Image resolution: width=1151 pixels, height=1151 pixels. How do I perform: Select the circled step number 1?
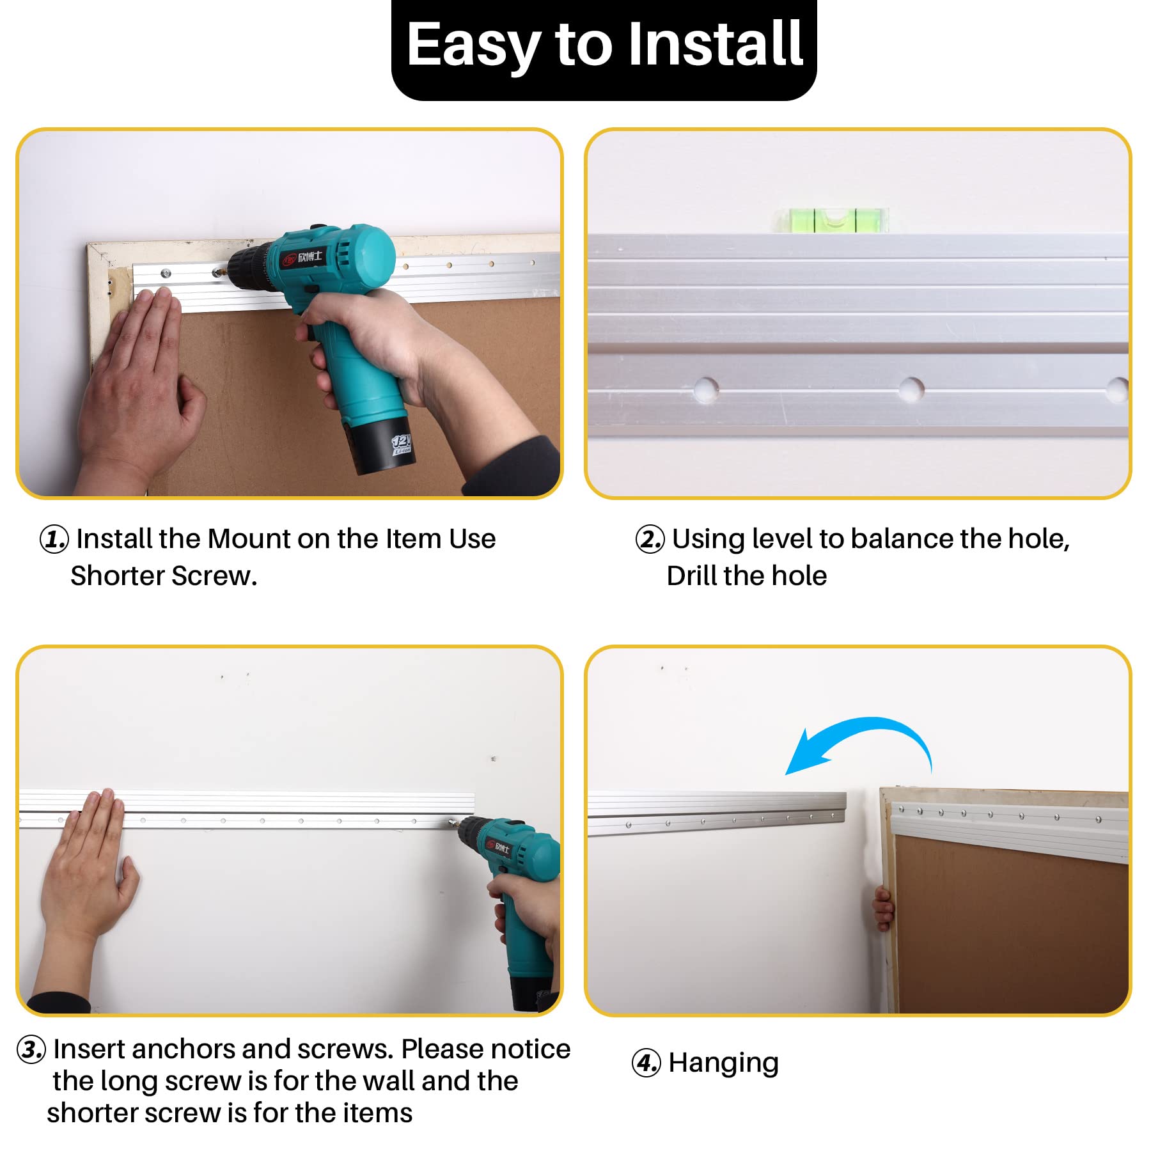54,539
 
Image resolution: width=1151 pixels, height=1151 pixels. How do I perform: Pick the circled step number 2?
650,539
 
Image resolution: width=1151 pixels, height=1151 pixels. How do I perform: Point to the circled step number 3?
31,1050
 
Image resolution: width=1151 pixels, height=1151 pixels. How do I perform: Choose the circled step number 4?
646,1063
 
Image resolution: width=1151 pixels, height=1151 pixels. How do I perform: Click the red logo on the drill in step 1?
289,260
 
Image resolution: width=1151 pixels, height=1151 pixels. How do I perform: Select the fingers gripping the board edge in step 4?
884,909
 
